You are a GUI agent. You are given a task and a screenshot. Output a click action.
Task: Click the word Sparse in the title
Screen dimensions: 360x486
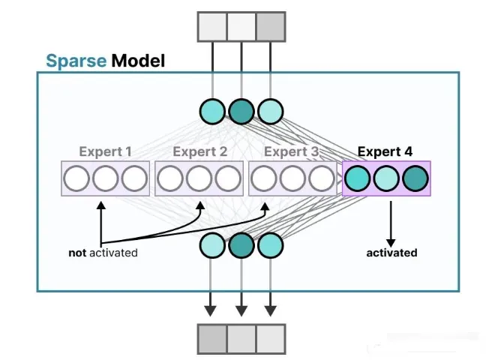[x=76, y=60]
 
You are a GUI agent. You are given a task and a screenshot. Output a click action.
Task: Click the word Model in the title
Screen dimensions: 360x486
[x=138, y=60]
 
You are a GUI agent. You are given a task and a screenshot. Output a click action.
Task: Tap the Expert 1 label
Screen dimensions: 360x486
[x=105, y=151]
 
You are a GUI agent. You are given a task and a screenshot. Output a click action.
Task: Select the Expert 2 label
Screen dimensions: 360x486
[x=199, y=151]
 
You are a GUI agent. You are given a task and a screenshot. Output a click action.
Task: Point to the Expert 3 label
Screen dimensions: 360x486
[x=291, y=151]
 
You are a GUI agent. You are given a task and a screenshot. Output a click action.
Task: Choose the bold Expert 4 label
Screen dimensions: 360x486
[x=385, y=151]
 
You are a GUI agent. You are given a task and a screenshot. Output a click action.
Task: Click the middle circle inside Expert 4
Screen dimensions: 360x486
[x=386, y=178]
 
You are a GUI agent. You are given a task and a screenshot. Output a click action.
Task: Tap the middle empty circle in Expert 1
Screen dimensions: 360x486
[x=106, y=178]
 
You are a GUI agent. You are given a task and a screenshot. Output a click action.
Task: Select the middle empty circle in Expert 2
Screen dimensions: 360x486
[x=199, y=178]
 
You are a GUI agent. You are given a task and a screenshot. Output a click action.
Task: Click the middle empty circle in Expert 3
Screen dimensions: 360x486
[x=292, y=178]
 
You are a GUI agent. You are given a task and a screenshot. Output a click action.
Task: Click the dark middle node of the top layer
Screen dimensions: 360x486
[x=241, y=111]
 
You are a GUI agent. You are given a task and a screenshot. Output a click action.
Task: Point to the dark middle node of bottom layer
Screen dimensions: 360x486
[x=241, y=245]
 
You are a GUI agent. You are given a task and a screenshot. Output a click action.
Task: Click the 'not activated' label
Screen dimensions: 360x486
[x=103, y=253]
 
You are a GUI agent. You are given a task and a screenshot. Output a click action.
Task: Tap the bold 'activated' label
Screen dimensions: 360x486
[x=391, y=253]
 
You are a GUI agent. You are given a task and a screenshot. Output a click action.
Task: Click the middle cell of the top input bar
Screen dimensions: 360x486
[x=241, y=26]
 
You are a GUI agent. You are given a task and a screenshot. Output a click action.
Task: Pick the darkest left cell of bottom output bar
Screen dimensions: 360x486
[x=212, y=339]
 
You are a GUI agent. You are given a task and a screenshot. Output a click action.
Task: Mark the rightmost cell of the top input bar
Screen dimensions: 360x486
[x=271, y=26]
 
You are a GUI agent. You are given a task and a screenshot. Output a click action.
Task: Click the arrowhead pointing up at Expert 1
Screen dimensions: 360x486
[x=99, y=202]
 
